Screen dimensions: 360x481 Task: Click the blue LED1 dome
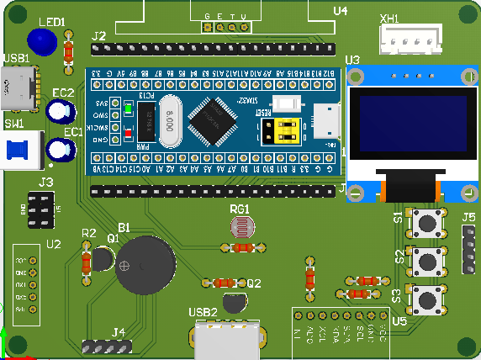42,40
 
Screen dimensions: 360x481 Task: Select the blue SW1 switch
20,151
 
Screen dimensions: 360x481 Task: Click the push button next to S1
429,223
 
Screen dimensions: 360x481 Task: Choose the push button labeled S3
429,299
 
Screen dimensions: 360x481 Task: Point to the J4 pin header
108,346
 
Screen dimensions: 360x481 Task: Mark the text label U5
399,320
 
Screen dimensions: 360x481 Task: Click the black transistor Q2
234,303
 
